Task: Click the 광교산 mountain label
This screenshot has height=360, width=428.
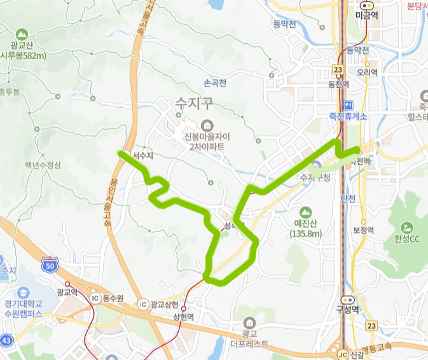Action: [x=23, y=45]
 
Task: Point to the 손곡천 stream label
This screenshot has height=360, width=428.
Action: [x=215, y=83]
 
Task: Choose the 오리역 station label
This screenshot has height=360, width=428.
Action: [x=367, y=73]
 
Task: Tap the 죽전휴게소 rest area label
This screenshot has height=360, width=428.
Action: [x=348, y=116]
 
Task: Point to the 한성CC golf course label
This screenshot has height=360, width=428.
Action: [x=408, y=239]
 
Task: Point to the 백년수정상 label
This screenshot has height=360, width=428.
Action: [x=43, y=165]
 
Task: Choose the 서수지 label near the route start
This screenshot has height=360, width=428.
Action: [x=143, y=155]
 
